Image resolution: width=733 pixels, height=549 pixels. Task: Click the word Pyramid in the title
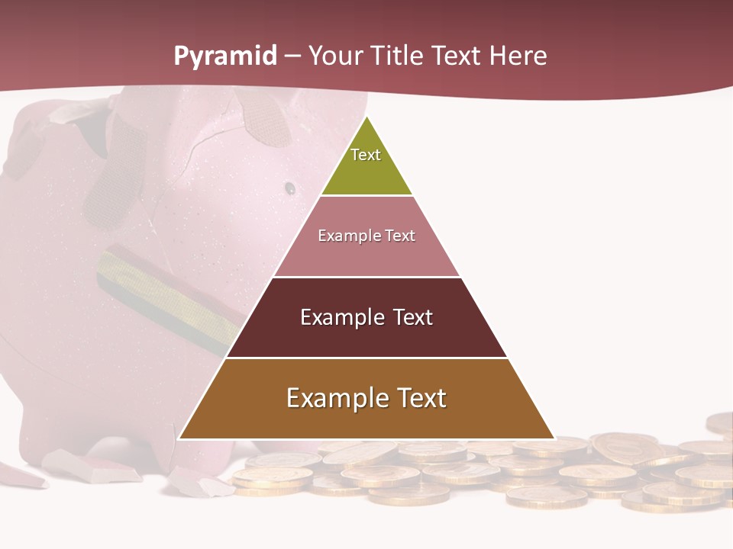coord(224,56)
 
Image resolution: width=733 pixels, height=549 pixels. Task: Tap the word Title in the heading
coord(397,56)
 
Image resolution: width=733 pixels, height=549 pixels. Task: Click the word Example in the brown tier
coord(332,398)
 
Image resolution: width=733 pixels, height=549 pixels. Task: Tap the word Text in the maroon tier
coord(413,317)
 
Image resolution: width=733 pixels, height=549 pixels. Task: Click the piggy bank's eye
coord(290,187)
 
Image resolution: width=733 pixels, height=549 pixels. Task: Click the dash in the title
coord(292,56)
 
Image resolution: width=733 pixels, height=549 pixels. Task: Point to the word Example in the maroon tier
coord(339,317)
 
